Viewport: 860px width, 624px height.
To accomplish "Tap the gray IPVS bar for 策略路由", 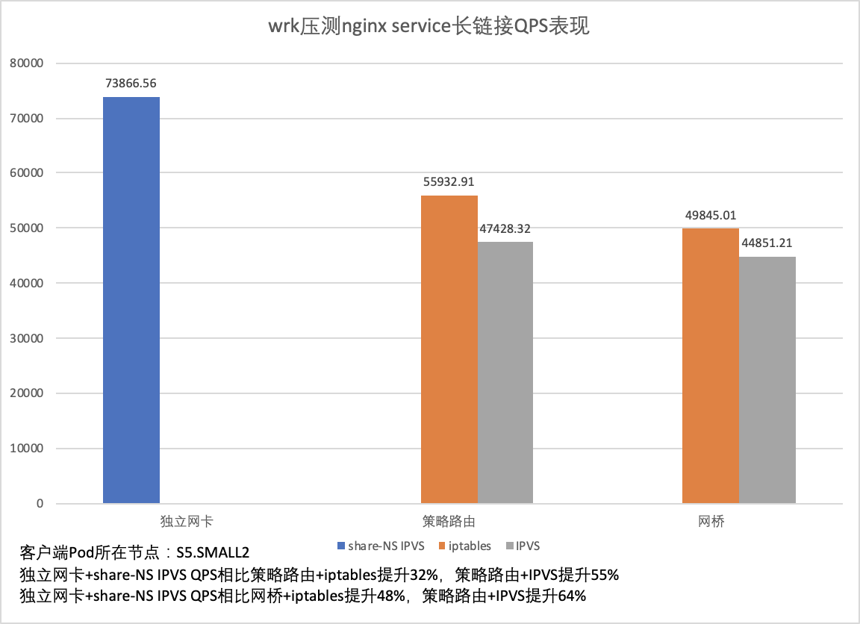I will coord(505,372).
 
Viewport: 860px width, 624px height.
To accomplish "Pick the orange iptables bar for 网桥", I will coord(710,366).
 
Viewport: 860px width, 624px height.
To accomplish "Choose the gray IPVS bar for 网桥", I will coord(767,380).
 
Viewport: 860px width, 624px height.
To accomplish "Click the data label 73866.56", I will coord(131,84).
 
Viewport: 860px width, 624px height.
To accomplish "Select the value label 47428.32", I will coord(505,228).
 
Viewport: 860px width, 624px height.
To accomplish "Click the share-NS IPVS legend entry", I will coord(381,546).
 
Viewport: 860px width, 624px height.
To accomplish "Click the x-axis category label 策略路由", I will coord(449,521).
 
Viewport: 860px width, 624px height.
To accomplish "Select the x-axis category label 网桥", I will coord(710,521).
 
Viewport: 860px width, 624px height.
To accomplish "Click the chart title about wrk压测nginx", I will coord(429,26).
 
